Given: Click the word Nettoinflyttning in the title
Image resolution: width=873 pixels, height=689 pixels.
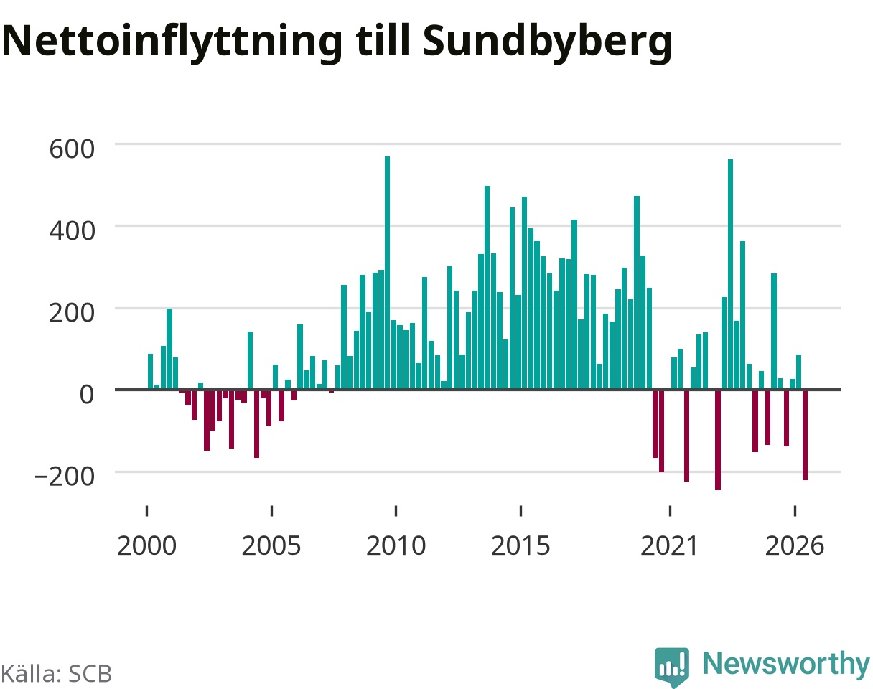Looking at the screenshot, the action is point(172,42).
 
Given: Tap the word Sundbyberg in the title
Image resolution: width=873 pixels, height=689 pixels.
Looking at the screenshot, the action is point(547,42).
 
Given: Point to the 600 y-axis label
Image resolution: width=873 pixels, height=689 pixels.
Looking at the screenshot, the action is point(72,149).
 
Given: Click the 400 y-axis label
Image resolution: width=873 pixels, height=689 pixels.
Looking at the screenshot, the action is point(72,231).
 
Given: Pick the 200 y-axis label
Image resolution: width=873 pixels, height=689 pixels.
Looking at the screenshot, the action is point(72,313).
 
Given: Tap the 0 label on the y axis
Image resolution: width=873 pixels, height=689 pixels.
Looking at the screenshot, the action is point(87,395).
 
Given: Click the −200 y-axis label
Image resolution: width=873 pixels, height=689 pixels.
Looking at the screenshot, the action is point(65,477).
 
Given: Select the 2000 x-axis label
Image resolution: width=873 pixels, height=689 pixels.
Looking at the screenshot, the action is point(146,546).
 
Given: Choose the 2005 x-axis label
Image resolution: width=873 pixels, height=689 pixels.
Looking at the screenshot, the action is point(271,546).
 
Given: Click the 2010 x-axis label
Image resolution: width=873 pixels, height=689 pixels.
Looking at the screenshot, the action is point(396,546).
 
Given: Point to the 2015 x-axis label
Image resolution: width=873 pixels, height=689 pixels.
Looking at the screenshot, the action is point(520,546).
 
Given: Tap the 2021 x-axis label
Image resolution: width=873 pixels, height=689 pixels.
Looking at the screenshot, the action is point(670,546).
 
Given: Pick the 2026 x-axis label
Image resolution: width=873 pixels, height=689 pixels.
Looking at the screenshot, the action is point(795,546).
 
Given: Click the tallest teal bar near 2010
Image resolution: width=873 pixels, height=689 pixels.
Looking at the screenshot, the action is point(388,273).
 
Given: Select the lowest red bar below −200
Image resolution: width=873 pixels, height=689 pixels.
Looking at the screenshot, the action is point(718,440).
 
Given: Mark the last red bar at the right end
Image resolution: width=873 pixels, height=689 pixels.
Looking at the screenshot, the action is point(806,435).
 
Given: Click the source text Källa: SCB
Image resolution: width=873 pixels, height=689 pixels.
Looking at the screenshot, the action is point(56,674).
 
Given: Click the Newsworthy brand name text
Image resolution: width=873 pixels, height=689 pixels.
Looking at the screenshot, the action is point(786,664).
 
